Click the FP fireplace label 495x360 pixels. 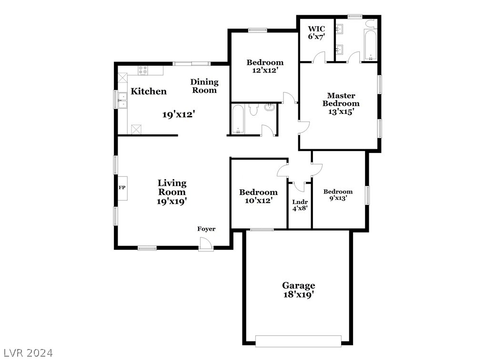tap(122, 187)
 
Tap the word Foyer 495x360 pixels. tap(206, 229)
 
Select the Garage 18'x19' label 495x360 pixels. tap(299, 290)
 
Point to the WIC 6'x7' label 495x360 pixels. tap(316, 32)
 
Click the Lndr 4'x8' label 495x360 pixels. tap(300, 205)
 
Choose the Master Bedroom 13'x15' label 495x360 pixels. tap(341, 103)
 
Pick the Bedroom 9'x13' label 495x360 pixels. tap(338, 195)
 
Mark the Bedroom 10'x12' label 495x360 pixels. tap(258, 196)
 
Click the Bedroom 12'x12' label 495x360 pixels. tap(265, 66)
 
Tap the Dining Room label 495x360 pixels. tap(204, 86)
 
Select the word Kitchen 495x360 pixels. tap(149, 92)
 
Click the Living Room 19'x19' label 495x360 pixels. tap(172, 192)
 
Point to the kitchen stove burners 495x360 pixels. tap(143, 71)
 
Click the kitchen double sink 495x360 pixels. tap(122, 99)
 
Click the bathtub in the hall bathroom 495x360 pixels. tap(238, 120)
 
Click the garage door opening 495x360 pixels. tap(298, 340)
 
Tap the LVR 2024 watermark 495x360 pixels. tap(27, 353)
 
